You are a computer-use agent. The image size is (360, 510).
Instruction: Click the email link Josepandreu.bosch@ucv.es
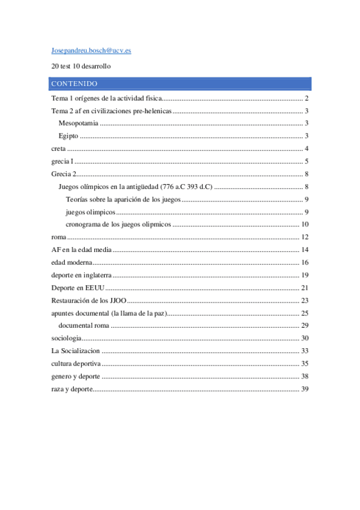(x=91, y=51)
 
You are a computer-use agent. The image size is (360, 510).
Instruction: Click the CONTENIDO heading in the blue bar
(x=75, y=84)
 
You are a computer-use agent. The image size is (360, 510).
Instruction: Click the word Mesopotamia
(x=78, y=123)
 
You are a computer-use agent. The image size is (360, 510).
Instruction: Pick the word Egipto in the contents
(x=69, y=136)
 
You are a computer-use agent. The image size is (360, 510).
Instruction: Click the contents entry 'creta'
(x=59, y=149)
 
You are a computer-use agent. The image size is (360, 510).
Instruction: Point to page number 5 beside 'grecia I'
(x=307, y=161)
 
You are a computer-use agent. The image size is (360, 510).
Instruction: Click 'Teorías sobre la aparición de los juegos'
(x=123, y=199)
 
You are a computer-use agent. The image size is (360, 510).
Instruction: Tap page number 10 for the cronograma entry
(x=305, y=224)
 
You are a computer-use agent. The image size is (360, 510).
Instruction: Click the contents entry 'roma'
(x=58, y=237)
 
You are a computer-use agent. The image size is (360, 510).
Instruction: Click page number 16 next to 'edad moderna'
(x=305, y=262)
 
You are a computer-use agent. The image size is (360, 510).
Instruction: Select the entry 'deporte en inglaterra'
(x=82, y=275)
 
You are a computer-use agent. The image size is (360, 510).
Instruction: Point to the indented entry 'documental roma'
(x=84, y=325)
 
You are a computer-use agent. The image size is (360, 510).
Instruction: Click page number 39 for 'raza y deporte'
(x=305, y=389)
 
